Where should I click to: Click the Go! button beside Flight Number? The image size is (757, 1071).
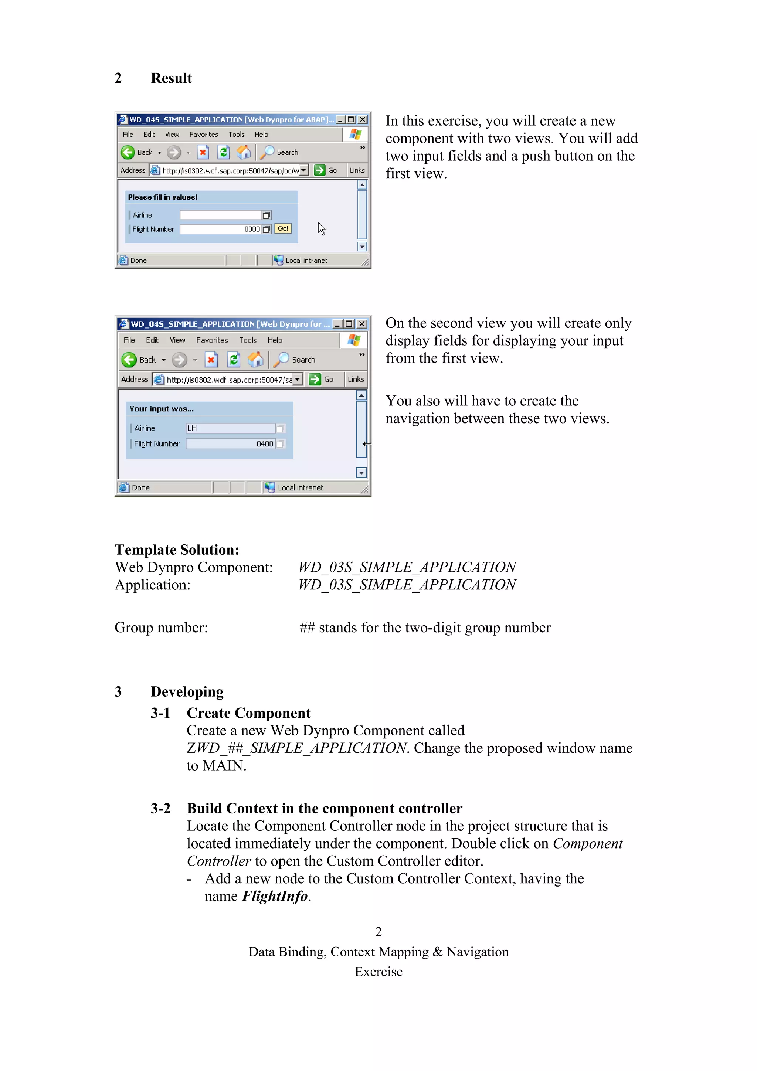(x=283, y=228)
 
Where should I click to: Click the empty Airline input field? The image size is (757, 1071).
(x=220, y=215)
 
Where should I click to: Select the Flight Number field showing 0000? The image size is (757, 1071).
(x=220, y=229)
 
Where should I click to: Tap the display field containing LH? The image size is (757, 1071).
(x=230, y=428)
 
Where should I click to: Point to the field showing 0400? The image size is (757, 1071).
(x=230, y=443)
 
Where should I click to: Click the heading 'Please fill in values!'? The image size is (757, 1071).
(x=163, y=197)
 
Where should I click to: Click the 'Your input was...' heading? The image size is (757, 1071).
(x=162, y=409)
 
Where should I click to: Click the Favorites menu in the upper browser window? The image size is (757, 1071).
(x=203, y=135)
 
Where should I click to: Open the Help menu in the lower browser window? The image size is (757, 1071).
(x=275, y=340)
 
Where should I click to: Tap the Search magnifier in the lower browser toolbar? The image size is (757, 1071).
(x=281, y=360)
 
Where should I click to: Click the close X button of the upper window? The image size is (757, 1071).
(x=362, y=120)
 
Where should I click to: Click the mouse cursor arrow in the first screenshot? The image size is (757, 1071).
(x=321, y=228)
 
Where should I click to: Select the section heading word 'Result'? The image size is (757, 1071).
(x=171, y=78)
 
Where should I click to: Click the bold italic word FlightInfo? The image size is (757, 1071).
(x=275, y=896)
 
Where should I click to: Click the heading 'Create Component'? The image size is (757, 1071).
(x=249, y=713)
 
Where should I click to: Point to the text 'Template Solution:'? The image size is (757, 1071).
(x=177, y=550)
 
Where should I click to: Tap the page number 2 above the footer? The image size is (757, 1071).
(x=378, y=932)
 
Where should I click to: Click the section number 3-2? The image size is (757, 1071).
(x=160, y=808)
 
